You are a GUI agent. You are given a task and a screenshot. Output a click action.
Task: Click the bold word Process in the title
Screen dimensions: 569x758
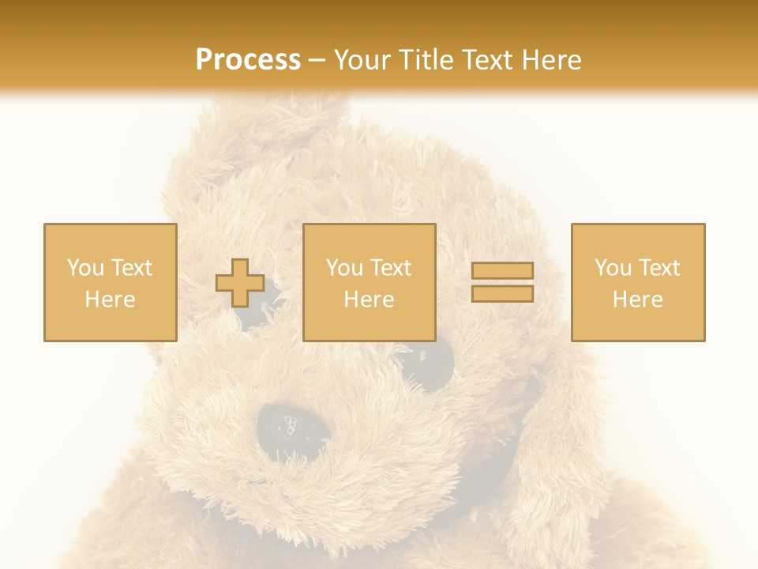(248, 60)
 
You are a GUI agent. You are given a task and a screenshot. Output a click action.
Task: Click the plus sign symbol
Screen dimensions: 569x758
(240, 283)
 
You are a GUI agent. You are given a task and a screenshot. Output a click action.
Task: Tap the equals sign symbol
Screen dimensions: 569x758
(502, 282)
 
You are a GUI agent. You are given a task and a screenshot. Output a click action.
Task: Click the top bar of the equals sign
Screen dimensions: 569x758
(502, 271)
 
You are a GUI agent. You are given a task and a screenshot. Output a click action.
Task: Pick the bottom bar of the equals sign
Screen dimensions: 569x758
(502, 293)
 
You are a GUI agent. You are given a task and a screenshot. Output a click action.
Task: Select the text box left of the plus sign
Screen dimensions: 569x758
(111, 282)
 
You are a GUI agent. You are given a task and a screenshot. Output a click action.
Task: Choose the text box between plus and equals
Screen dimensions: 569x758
(369, 282)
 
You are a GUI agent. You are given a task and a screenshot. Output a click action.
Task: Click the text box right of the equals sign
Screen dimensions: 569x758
(638, 282)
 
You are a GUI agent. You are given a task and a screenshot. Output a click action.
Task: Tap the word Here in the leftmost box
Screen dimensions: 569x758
(110, 300)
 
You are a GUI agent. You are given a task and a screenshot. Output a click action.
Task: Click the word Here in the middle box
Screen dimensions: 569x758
(369, 300)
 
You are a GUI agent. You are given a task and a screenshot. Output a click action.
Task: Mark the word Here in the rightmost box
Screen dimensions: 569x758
(637, 300)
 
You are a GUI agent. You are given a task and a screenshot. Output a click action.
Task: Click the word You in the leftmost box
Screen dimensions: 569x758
(84, 268)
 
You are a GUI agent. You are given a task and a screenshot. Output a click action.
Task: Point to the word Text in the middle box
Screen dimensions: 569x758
(392, 268)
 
